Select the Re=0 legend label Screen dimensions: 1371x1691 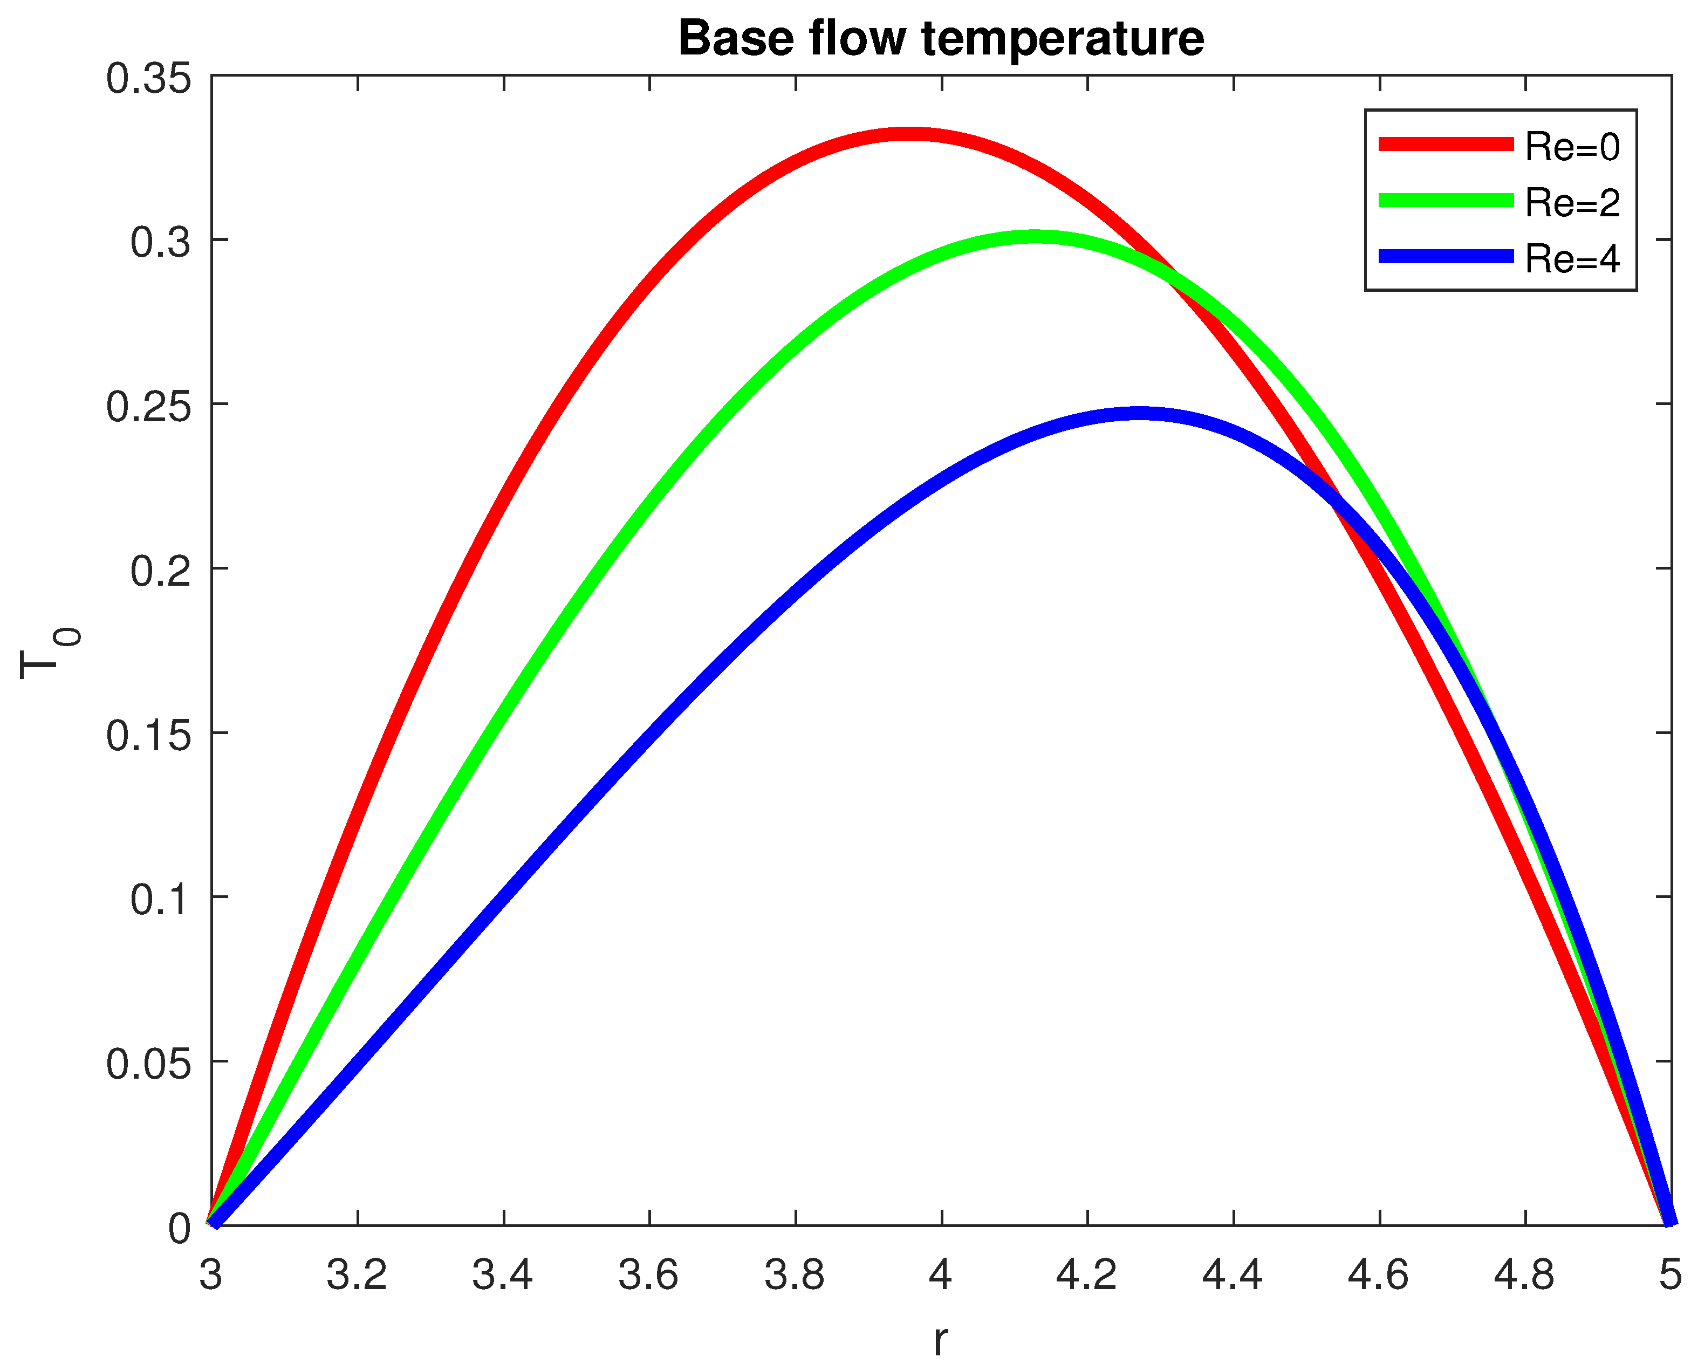click(x=1572, y=147)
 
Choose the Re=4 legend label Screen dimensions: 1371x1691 click(x=1572, y=259)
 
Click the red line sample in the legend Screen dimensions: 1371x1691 click(x=1446, y=143)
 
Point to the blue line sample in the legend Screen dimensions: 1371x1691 click(x=1446, y=256)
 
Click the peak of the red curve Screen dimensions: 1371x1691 click(x=910, y=134)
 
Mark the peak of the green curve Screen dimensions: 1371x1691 click(x=1035, y=237)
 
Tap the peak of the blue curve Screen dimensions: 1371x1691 click(x=1138, y=414)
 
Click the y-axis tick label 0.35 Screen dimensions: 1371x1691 click(x=148, y=79)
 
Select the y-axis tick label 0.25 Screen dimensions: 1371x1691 click(x=148, y=408)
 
